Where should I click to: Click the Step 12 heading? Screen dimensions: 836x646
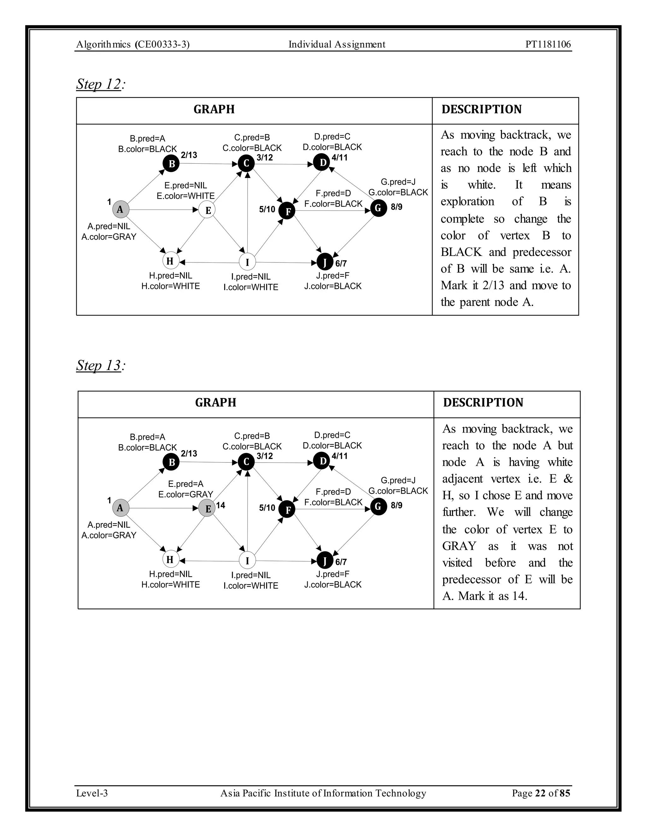pos(99,84)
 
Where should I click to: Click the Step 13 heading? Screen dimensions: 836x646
pos(99,365)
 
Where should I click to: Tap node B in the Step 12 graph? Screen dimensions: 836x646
pos(172,163)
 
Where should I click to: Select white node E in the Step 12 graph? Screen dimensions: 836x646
pos(208,210)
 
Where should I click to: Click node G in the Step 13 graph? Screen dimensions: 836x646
pos(379,507)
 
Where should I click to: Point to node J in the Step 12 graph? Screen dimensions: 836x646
pos(325,262)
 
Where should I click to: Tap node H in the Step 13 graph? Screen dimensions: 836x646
pos(170,560)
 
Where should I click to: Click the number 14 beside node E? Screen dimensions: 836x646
pos(220,505)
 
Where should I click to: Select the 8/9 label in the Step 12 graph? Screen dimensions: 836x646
pos(396,207)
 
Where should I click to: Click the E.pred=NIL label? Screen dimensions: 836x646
pos(185,185)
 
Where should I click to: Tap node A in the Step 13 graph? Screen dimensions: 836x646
pos(120,508)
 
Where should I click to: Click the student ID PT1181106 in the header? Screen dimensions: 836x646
pos(548,44)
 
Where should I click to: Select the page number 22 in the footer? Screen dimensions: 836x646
pos(540,793)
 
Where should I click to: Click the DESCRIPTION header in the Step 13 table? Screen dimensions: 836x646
pos(483,403)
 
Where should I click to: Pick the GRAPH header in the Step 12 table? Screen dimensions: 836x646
pos(214,109)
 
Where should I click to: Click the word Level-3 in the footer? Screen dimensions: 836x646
pos(92,793)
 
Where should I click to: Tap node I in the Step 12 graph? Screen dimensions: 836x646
pos(247,262)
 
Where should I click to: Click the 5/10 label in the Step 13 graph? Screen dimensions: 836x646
pos(267,508)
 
